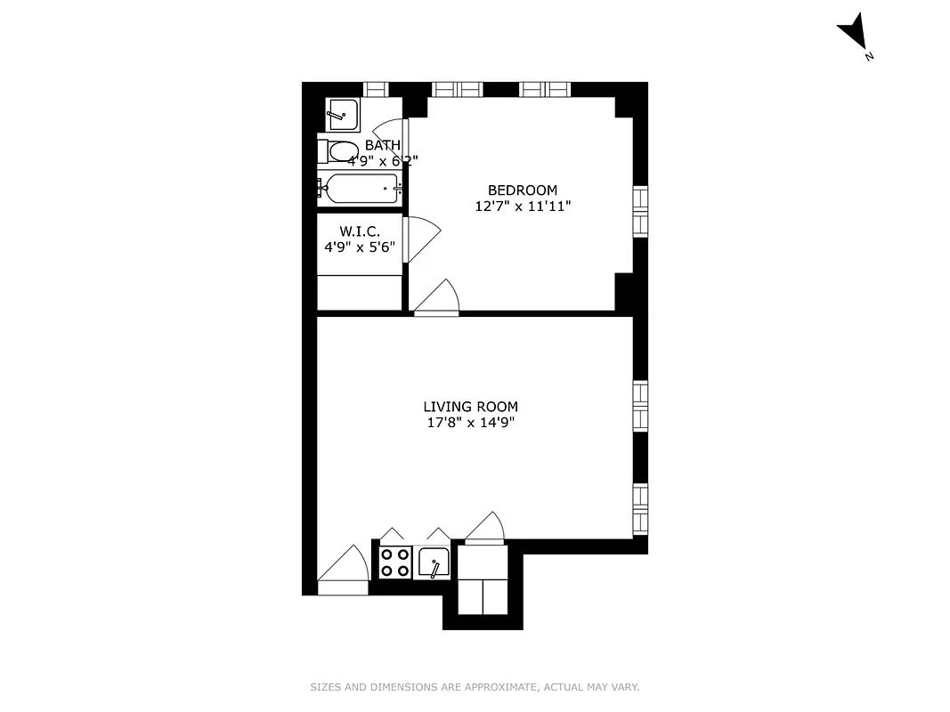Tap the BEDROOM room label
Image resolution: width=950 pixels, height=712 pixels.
(523, 190)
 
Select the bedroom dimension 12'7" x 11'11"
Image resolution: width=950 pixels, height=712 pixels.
(523, 206)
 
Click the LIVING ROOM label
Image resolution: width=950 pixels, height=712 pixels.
(470, 407)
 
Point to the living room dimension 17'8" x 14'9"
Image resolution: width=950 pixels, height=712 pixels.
(470, 423)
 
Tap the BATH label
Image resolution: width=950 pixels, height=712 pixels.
(382, 145)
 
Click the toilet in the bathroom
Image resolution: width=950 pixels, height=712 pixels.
(338, 151)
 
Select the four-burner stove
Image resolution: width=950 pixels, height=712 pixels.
(394, 562)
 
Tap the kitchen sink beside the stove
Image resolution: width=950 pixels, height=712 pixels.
(434, 562)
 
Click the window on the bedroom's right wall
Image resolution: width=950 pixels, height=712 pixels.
(640, 211)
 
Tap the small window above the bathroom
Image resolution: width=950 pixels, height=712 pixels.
(377, 89)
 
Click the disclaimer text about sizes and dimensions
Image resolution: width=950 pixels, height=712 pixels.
(475, 687)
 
